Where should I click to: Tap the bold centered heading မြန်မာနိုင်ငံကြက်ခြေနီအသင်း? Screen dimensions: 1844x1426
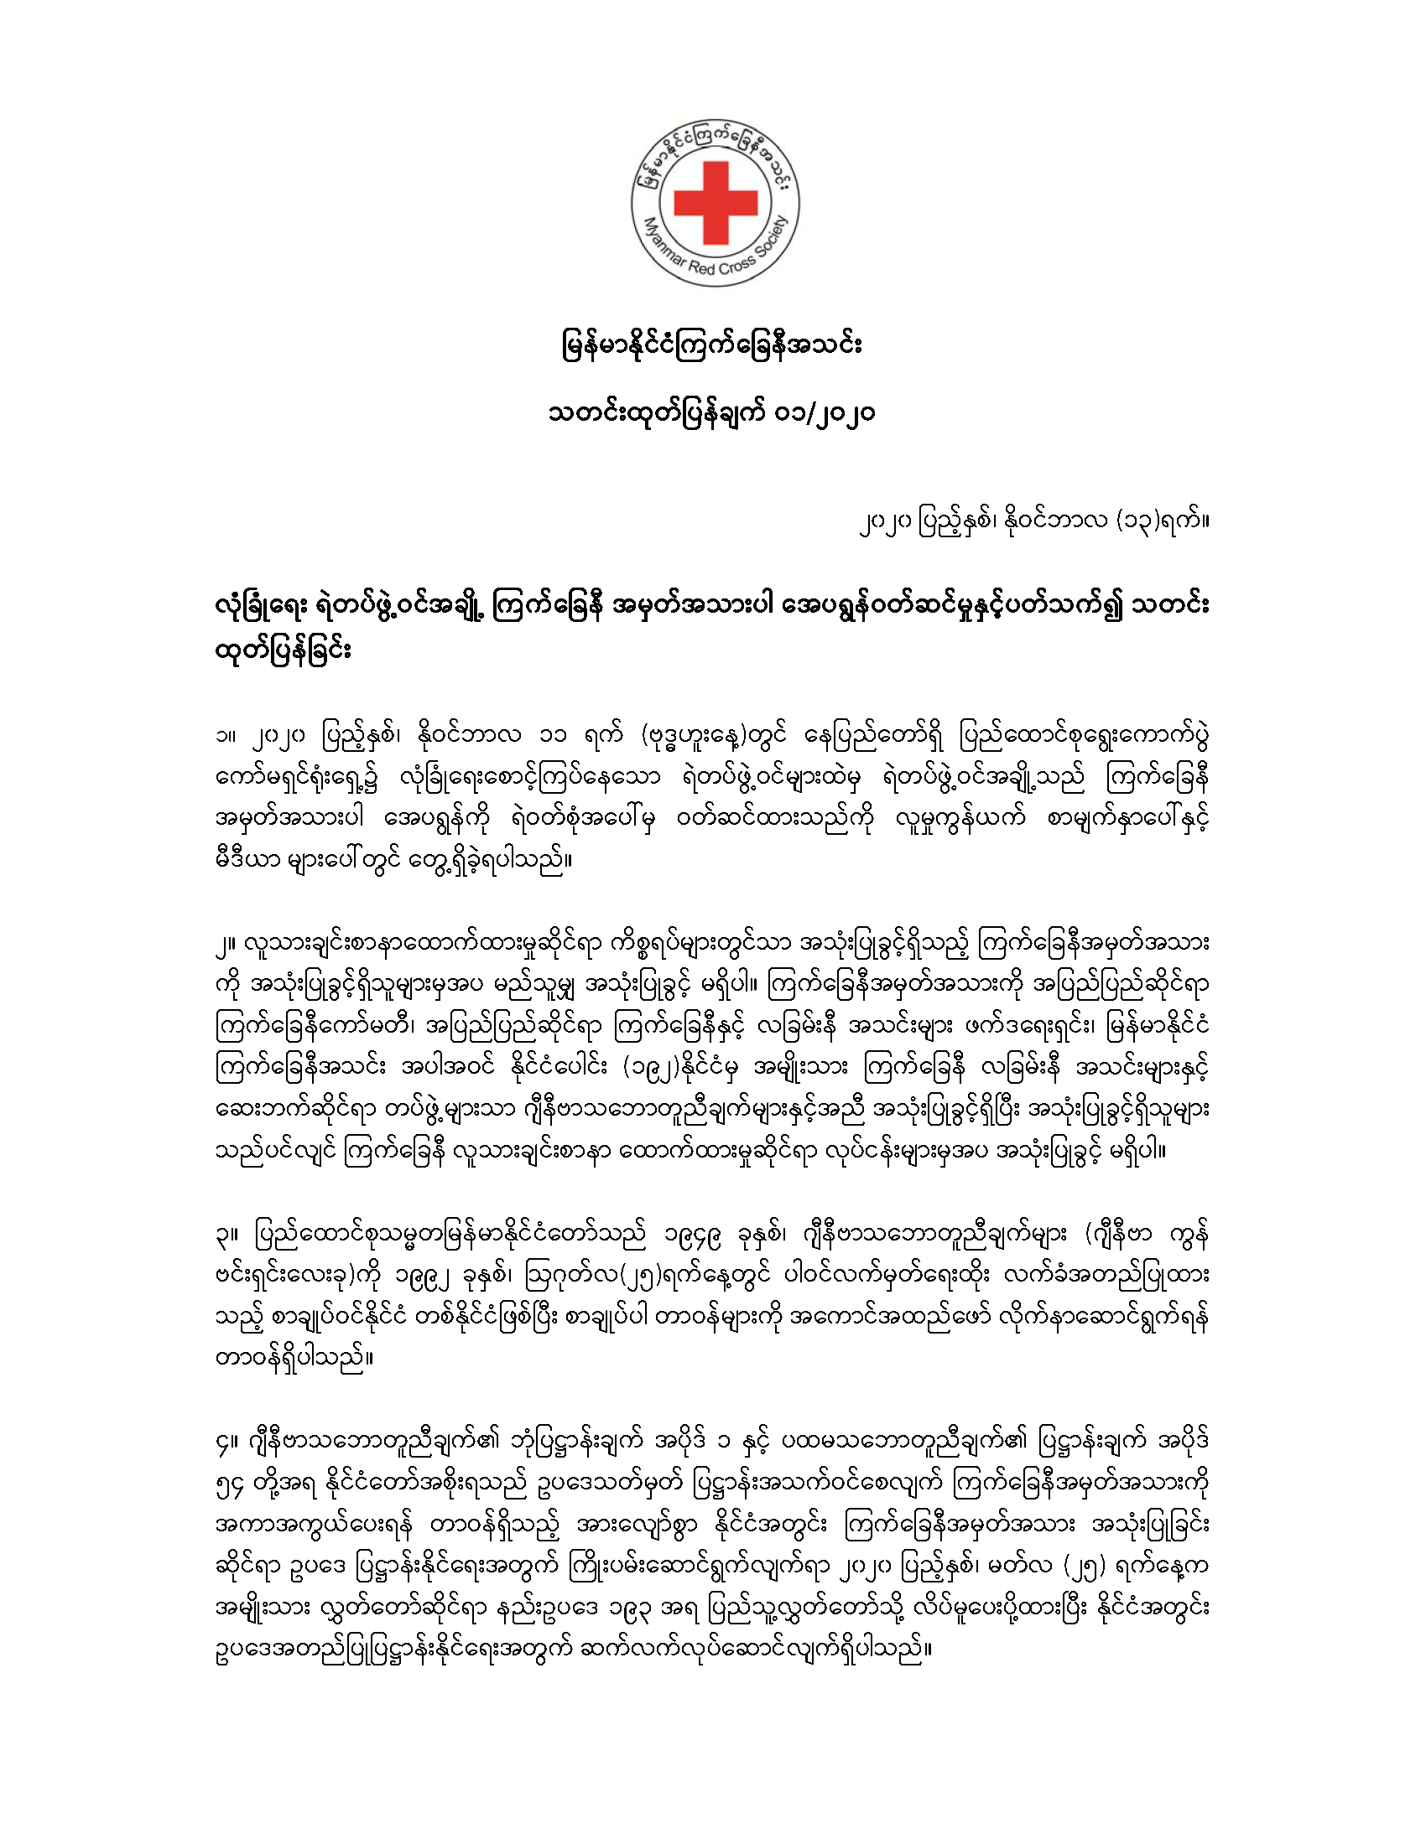click(711, 346)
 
